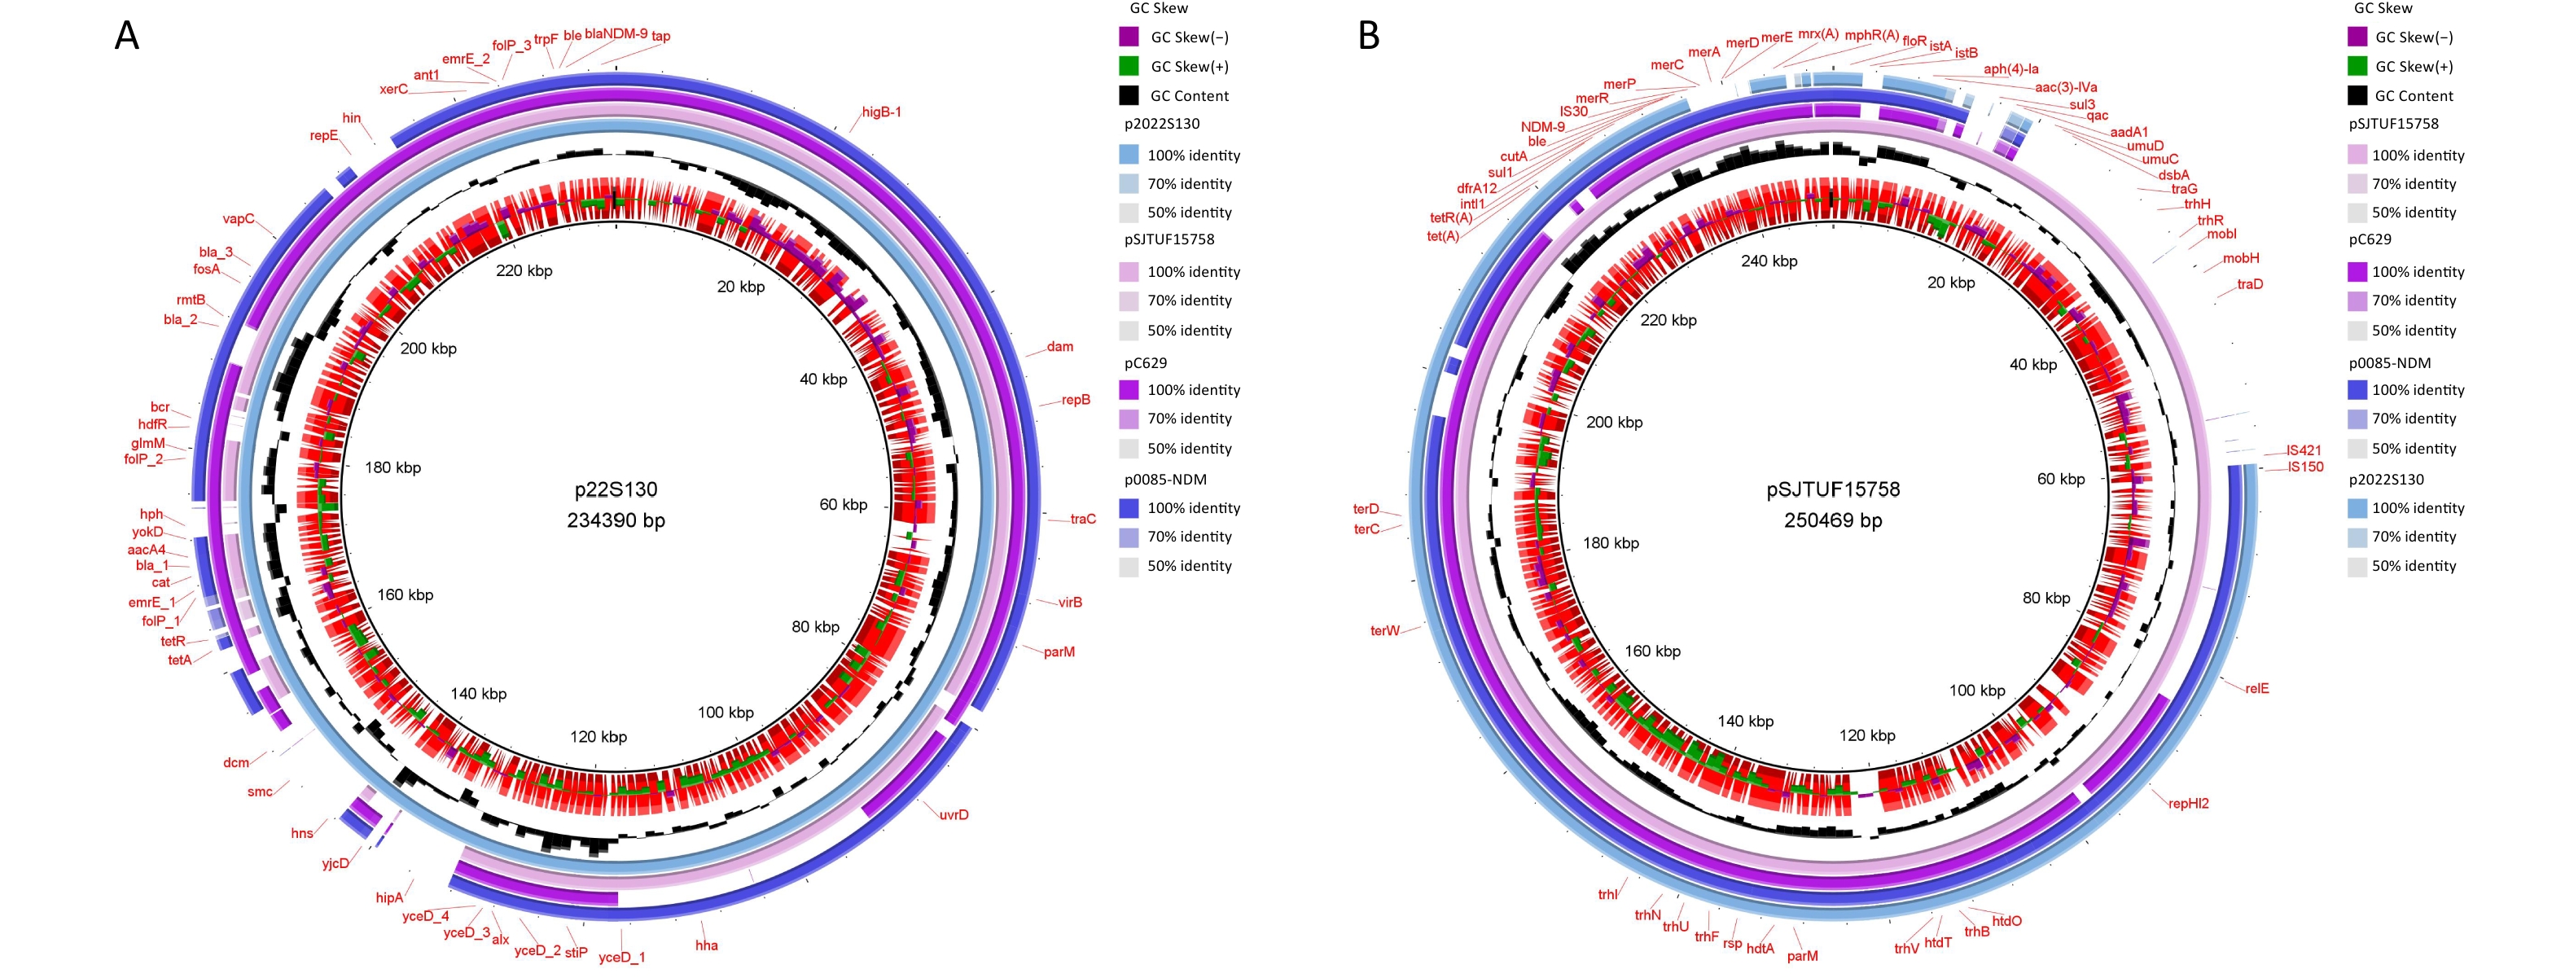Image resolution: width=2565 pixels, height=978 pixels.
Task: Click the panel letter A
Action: point(126,36)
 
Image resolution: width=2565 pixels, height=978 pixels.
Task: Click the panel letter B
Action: point(1369,36)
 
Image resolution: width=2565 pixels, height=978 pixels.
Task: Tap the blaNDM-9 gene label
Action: point(616,34)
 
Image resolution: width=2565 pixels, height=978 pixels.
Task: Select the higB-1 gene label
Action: point(881,112)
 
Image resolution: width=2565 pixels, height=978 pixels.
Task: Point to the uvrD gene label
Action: point(953,814)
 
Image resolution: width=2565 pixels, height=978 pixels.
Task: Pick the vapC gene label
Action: point(238,219)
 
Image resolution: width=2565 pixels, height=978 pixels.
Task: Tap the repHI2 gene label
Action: point(2189,803)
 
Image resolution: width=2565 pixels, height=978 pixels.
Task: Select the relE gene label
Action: point(2256,688)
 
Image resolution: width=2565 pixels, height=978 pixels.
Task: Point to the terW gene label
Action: point(1384,630)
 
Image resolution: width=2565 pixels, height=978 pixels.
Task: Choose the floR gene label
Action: point(1914,41)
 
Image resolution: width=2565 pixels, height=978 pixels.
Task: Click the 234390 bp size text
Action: point(616,520)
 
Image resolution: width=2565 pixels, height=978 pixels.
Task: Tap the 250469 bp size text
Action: point(1833,520)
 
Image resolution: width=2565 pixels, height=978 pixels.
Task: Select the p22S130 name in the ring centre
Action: point(616,489)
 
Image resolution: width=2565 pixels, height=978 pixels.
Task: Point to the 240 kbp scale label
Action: point(1769,261)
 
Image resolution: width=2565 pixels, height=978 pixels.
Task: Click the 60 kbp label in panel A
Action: point(843,505)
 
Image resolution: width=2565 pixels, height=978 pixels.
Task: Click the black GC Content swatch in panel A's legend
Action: point(1128,95)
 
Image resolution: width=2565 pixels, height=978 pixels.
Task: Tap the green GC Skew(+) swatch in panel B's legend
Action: point(2357,66)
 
